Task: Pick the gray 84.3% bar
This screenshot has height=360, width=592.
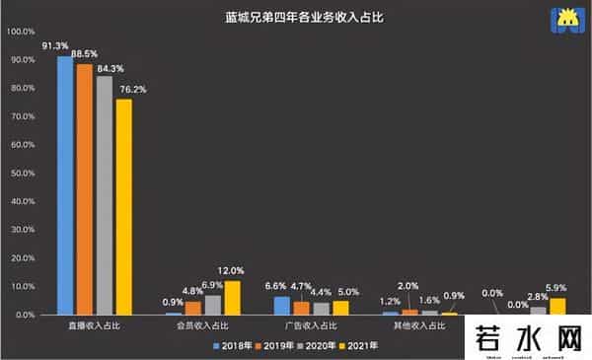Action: [104, 195]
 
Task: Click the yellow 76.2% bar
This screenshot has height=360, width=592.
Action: [123, 207]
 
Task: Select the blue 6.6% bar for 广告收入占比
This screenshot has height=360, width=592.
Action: [282, 305]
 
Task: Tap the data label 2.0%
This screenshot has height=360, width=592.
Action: [408, 287]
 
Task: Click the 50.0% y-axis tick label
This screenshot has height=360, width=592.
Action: [22, 174]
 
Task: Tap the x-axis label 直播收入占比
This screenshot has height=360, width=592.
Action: [94, 324]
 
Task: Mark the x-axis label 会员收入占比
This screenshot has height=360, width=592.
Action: [203, 324]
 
